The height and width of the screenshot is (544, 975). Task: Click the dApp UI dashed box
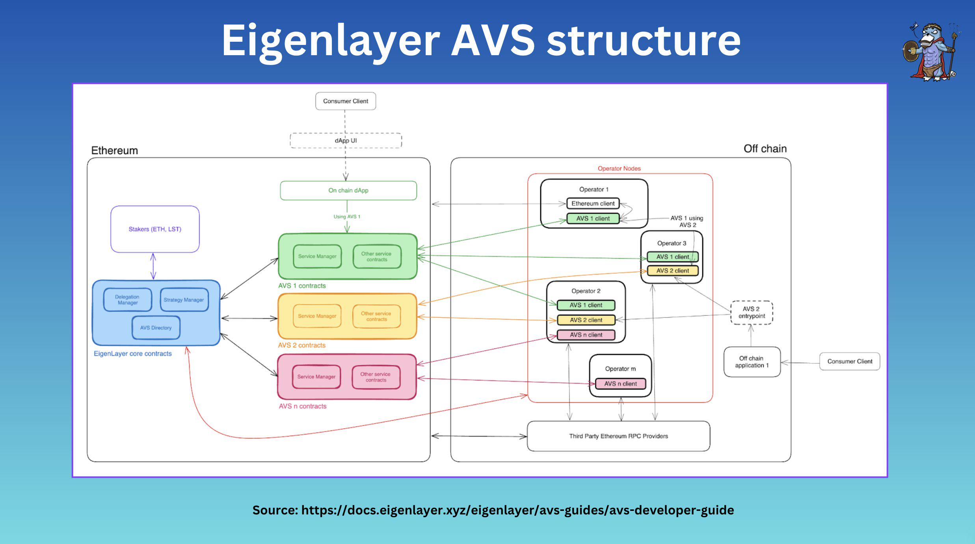(x=346, y=141)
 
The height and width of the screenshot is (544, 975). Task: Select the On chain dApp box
(x=348, y=190)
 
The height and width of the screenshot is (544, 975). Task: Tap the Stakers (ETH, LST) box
(x=155, y=229)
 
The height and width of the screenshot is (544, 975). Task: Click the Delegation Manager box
(x=127, y=300)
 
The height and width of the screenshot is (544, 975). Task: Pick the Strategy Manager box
(x=184, y=300)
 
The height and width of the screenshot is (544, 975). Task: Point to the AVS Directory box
(x=156, y=328)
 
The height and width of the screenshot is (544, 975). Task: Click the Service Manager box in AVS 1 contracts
(x=317, y=256)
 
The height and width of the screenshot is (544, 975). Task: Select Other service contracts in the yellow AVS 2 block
(x=376, y=316)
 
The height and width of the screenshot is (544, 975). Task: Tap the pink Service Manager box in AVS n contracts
(x=316, y=377)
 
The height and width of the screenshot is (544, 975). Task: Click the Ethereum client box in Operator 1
(x=593, y=203)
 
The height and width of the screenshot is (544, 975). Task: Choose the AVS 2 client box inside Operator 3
(x=672, y=271)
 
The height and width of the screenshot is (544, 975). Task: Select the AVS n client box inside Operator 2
(x=586, y=335)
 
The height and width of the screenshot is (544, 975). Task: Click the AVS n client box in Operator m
(x=620, y=384)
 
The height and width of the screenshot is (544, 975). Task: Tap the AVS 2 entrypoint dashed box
(x=751, y=313)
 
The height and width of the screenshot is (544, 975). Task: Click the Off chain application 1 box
(x=752, y=362)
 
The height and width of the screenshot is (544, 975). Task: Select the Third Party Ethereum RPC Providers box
(x=618, y=436)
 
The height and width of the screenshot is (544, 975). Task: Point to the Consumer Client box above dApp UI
(x=346, y=101)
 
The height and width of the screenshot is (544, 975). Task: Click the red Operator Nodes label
(x=619, y=168)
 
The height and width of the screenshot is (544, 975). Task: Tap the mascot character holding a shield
(x=931, y=51)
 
